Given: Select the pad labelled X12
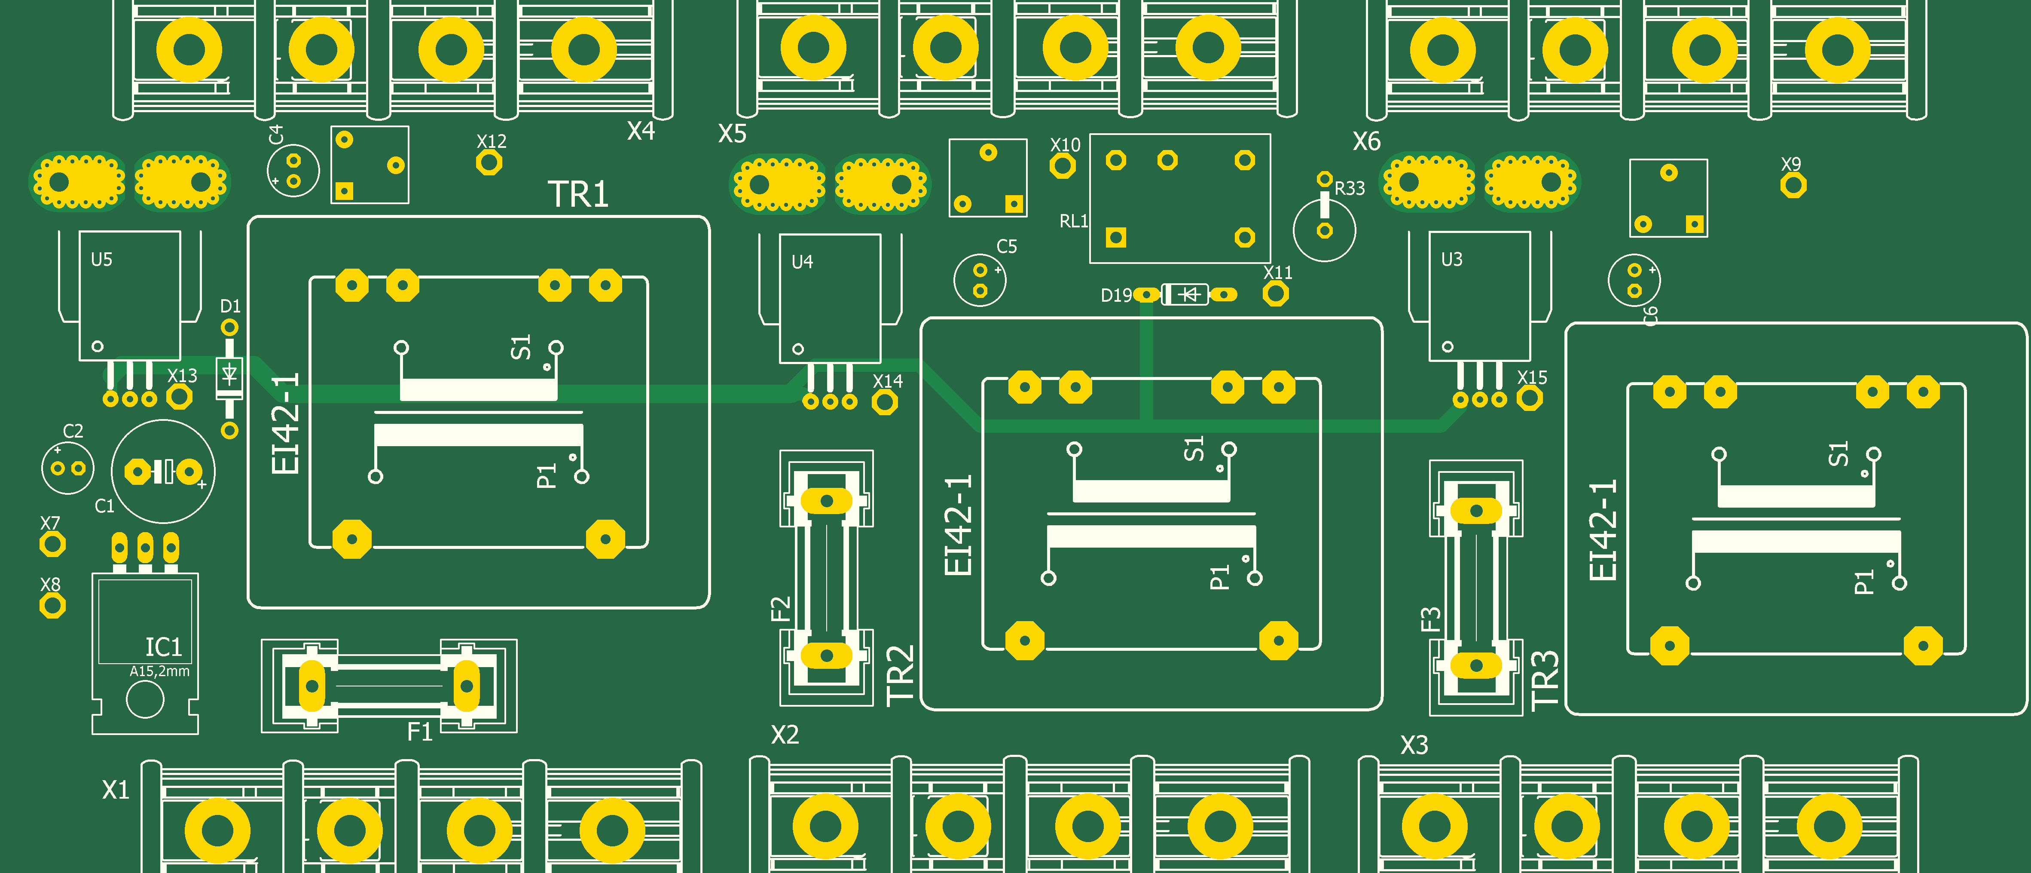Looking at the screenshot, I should [x=490, y=162].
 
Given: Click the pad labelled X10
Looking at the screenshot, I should [x=1063, y=165].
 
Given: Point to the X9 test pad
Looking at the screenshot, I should [x=1794, y=185].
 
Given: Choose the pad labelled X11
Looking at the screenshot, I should [x=1276, y=294].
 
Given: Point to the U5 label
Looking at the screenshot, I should [x=102, y=260].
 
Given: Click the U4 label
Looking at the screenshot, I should [x=802, y=262].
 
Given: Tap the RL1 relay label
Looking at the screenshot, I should [x=1073, y=221].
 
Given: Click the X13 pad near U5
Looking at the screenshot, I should [x=180, y=397].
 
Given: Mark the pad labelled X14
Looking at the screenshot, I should [x=886, y=402].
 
